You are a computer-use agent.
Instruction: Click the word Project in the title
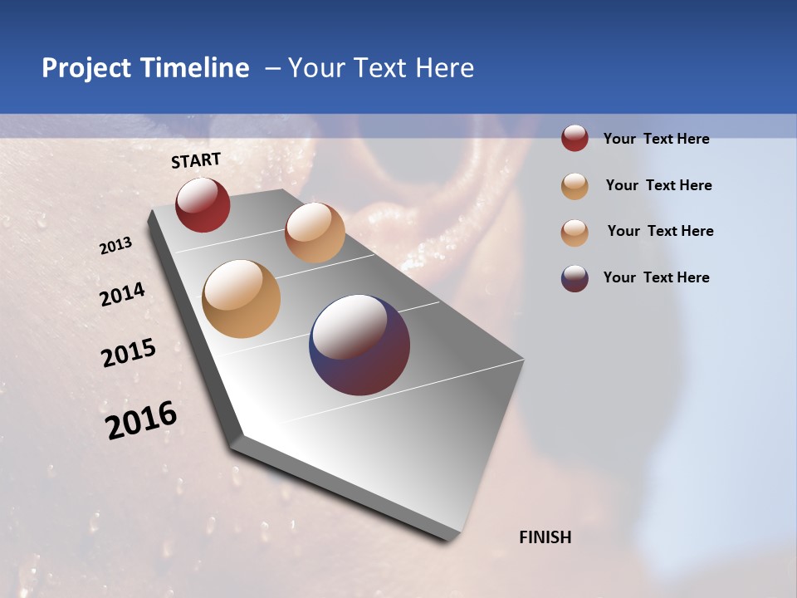pos(87,68)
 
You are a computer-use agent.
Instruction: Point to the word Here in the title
pos(445,68)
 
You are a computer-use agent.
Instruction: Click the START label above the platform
pos(196,160)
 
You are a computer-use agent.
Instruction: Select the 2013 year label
pos(115,246)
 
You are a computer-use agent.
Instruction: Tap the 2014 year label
pos(122,295)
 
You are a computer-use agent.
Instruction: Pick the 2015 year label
pos(129,353)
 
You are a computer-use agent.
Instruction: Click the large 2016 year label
pos(141,420)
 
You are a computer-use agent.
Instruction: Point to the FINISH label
pos(545,537)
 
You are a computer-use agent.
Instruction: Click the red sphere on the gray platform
pos(203,204)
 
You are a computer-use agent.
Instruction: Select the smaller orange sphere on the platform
pos(315,233)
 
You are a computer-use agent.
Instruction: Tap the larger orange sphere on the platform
pos(241,299)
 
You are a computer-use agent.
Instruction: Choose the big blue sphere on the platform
pos(359,345)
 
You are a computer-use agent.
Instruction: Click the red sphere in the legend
pos(575,139)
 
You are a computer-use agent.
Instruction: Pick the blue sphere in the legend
pos(575,278)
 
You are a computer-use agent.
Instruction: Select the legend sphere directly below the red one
pos(575,186)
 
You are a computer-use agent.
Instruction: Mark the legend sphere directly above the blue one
pos(575,233)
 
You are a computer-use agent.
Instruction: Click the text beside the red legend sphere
pos(656,139)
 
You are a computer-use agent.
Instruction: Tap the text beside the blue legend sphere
pos(656,277)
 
